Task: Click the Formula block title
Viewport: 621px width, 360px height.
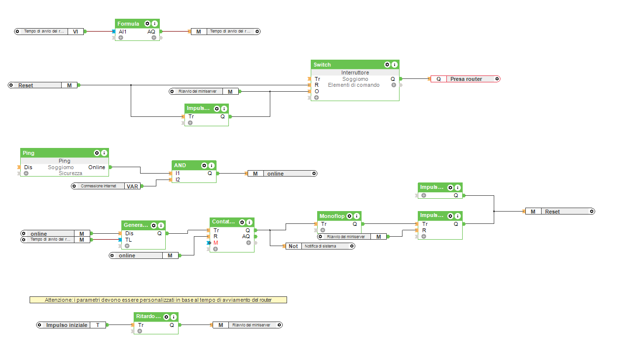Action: (128, 24)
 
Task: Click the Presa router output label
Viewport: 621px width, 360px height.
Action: (466, 79)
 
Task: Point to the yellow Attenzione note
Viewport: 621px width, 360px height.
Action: (158, 300)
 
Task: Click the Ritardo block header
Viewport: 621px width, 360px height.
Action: (147, 317)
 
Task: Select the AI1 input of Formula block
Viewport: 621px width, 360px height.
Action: (122, 32)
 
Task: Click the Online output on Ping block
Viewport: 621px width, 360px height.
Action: (97, 167)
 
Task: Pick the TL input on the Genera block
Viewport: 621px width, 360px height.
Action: (128, 240)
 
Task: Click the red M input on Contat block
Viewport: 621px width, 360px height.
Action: (216, 243)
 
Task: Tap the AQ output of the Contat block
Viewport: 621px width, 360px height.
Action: (246, 236)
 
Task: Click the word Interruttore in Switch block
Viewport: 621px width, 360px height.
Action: (355, 72)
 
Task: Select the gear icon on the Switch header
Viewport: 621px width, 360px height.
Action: (387, 65)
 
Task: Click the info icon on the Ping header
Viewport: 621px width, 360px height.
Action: (104, 153)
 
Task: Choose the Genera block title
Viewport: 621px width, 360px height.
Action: (135, 225)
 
